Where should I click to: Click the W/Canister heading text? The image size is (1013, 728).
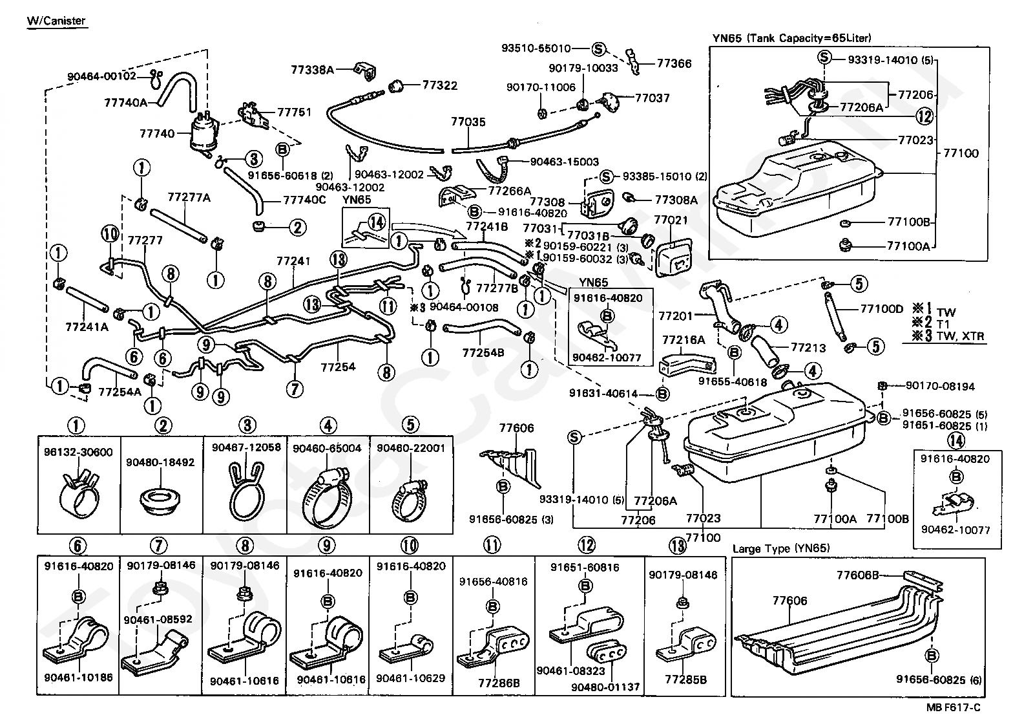[x=56, y=21]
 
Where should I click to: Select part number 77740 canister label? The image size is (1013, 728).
[x=157, y=133]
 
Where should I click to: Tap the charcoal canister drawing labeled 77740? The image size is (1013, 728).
[x=205, y=132]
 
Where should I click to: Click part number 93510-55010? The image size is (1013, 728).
[x=536, y=48]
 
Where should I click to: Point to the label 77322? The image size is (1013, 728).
[x=440, y=85]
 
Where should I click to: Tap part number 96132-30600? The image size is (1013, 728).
[x=78, y=451]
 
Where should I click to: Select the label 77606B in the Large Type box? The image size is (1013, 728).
[x=857, y=575]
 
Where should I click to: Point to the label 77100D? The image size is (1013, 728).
[x=881, y=309]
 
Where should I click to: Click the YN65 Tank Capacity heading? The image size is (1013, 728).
[x=792, y=38]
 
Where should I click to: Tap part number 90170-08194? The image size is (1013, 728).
[x=940, y=386]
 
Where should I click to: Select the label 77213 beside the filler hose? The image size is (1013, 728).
[x=808, y=347]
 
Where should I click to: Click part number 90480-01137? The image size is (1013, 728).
[x=605, y=687]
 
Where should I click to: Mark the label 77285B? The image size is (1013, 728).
[x=685, y=679]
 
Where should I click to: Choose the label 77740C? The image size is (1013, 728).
[x=304, y=200]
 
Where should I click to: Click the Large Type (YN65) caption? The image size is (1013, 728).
[x=781, y=548]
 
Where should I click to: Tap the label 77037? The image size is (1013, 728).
[x=652, y=98]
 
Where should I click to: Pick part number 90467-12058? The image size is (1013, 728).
[x=247, y=447]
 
